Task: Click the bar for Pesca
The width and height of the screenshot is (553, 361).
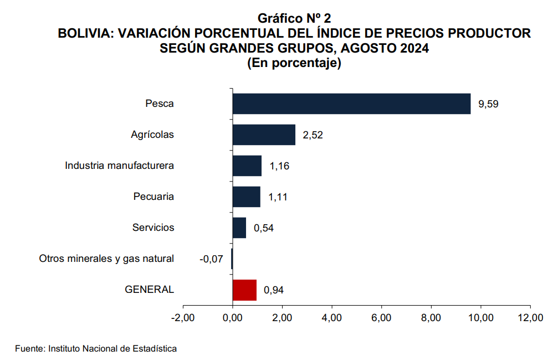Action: point(351,104)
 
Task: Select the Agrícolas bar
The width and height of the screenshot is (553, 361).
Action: point(264,135)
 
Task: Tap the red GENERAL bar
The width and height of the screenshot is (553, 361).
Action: point(244,290)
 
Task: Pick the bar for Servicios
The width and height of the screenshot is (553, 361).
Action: point(239,228)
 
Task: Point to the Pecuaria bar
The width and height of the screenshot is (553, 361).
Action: point(247,197)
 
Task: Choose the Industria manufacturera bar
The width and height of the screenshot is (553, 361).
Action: point(247,166)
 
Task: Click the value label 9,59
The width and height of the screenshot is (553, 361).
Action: point(489,104)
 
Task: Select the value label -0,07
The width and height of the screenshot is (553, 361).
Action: point(211,259)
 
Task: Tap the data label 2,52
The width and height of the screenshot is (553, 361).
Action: point(313,135)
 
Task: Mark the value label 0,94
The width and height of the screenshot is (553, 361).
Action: point(274,290)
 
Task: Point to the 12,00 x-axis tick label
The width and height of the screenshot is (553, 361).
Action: point(530,318)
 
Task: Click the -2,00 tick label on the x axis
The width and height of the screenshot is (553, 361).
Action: point(183,318)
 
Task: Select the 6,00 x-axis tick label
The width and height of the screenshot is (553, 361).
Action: point(381,318)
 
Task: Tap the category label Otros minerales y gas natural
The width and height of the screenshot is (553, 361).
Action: point(106,259)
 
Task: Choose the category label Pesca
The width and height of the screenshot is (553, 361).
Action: point(160,104)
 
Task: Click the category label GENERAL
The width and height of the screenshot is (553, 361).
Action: point(150,290)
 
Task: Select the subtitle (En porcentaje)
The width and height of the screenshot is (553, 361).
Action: point(294,63)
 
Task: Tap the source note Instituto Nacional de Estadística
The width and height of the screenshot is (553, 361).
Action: point(113,349)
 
